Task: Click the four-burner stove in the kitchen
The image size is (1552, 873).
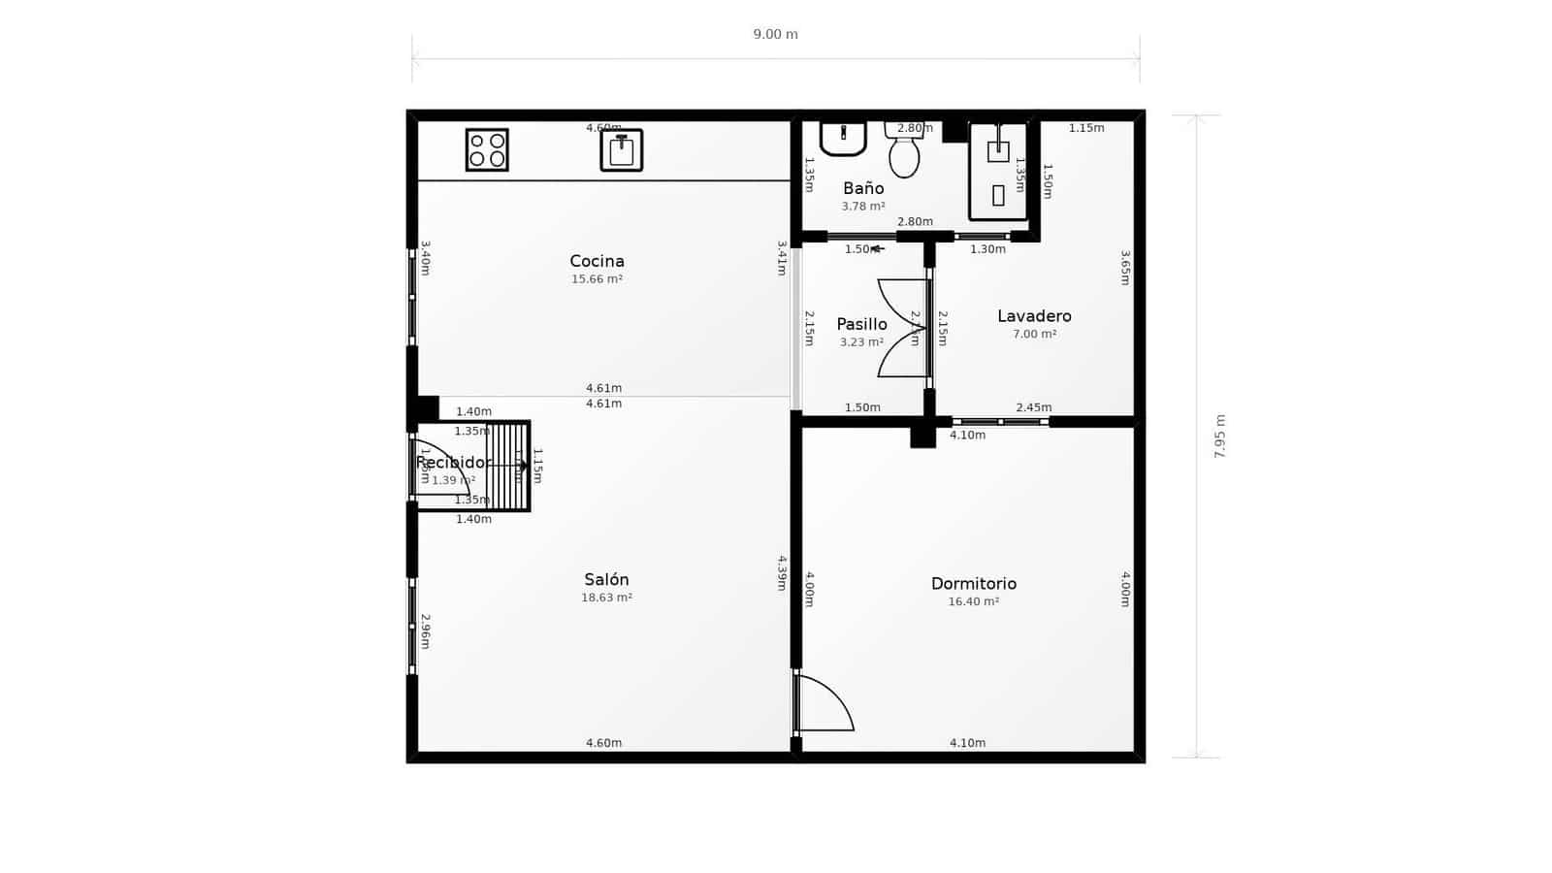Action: pos(487,149)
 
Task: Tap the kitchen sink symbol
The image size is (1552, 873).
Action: pos(622,150)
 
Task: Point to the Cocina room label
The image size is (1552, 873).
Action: pos(597,261)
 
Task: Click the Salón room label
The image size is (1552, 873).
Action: pos(606,579)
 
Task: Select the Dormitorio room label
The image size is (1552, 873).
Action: pos(973,583)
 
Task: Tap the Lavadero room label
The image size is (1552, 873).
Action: pos(1034,316)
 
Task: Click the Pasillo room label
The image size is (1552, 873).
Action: pos(861,324)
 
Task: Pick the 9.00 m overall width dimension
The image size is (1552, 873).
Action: pos(775,35)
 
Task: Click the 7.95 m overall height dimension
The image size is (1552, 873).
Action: pos(1219,436)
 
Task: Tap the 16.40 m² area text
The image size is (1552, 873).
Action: pos(973,601)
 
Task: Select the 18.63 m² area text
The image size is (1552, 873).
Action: pos(606,598)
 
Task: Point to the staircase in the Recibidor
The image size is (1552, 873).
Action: pos(507,466)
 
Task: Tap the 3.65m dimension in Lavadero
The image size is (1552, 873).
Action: pos(1125,268)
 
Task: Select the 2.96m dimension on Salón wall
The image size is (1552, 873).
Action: pos(425,630)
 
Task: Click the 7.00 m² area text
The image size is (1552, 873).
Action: pos(1034,334)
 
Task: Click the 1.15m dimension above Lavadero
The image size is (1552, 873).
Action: pos(1085,128)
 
